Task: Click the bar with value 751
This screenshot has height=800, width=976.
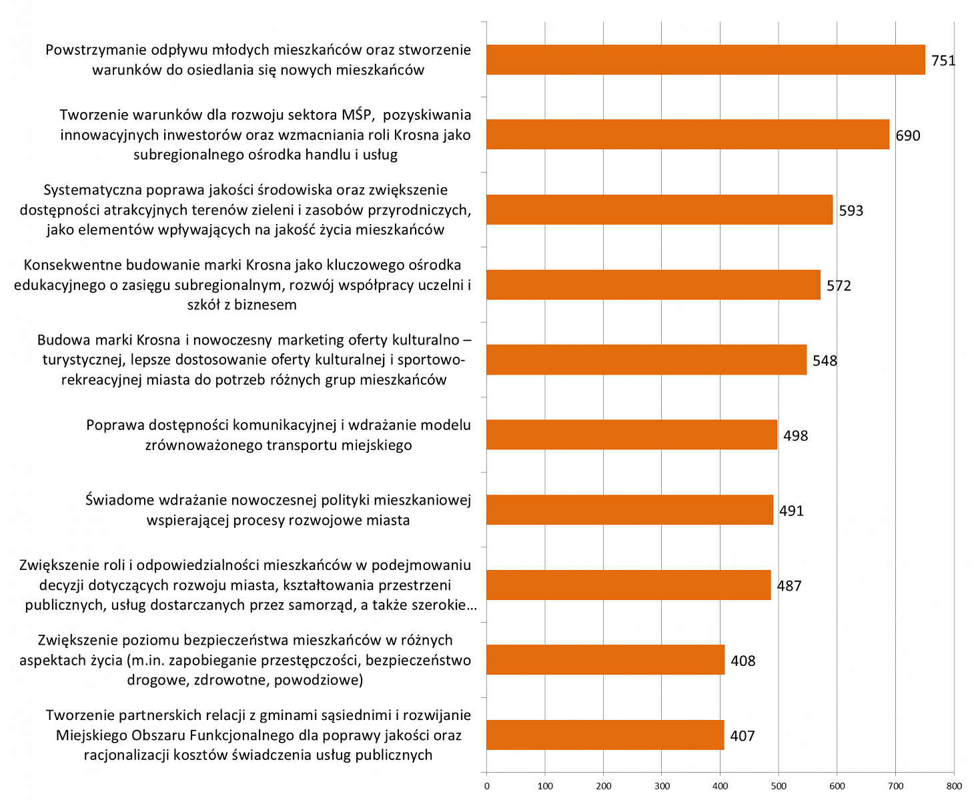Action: pos(706,60)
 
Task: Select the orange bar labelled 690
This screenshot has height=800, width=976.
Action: pos(688,135)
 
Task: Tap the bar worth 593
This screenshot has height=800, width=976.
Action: pos(660,210)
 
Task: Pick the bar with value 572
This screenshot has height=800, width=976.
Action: pos(654,285)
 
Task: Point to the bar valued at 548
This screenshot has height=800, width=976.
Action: pos(646,360)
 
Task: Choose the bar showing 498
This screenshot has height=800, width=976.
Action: pos(632,435)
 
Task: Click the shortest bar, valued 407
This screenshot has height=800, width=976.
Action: pos(605,735)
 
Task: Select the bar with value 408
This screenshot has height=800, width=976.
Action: pos(606,660)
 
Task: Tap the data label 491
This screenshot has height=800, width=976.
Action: pos(792,511)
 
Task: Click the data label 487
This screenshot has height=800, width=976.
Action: pos(789,587)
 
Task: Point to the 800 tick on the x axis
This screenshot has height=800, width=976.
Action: pos(953,786)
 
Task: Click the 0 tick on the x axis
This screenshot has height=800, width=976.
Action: pos(487,786)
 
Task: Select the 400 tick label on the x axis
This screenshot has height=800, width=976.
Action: pos(720,786)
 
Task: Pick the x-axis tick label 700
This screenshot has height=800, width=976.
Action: pos(895,786)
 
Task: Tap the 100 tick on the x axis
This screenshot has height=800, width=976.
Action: pos(545,786)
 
